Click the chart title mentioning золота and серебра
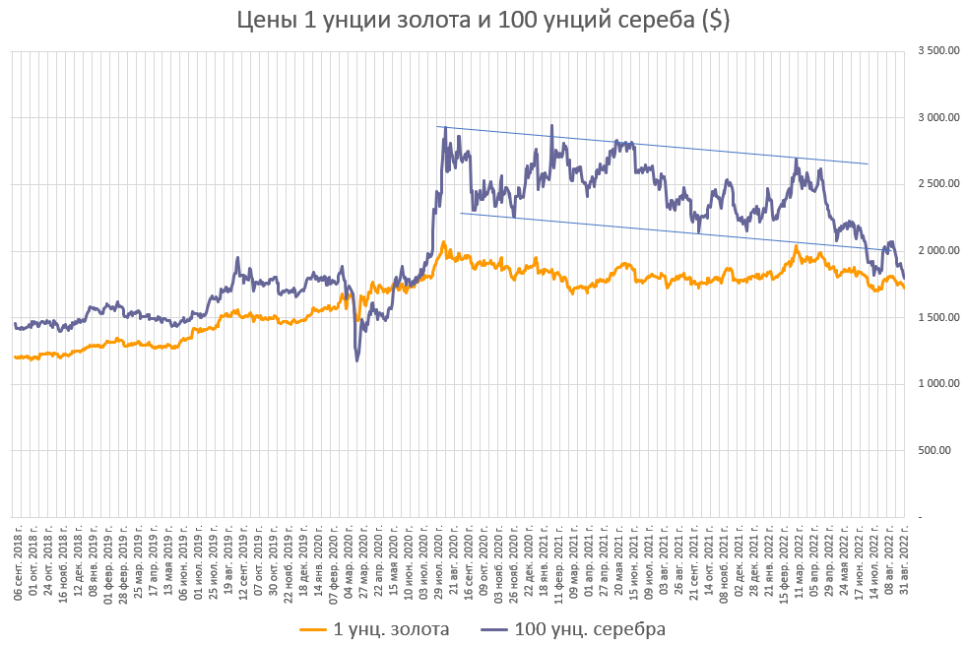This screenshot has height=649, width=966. [483, 21]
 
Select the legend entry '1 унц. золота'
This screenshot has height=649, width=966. [374, 628]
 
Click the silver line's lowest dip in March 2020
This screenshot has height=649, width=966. [356, 360]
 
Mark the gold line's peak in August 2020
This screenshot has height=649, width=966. [443, 241]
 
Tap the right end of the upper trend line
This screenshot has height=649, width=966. [868, 163]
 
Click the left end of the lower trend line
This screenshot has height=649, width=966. [461, 213]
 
